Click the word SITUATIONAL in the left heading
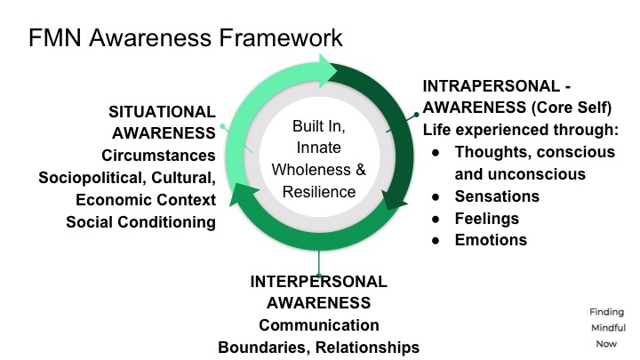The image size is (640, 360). click(x=162, y=112)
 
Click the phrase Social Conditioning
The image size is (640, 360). click(x=140, y=221)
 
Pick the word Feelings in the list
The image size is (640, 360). click(x=487, y=218)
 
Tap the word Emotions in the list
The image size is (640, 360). click(x=491, y=240)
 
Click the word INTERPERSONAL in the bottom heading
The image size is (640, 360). click(x=318, y=282)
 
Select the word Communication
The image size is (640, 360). click(x=318, y=325)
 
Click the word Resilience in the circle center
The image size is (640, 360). click(x=317, y=191)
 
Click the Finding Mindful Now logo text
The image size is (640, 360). click(x=606, y=326)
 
